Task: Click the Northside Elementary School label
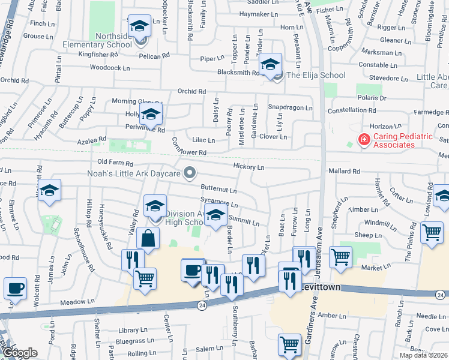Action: tap(97, 40)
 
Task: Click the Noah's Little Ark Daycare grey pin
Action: tap(190, 173)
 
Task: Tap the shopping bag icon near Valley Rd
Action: tap(148, 238)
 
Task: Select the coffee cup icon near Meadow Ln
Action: tap(15, 288)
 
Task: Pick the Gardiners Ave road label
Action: tap(313, 324)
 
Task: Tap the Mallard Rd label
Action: tap(344, 171)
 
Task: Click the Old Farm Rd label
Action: tap(115, 163)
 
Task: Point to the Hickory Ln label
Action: tap(249, 167)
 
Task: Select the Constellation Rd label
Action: tap(351, 110)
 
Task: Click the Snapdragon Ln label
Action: tap(290, 108)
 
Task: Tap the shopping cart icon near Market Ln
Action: tap(340, 256)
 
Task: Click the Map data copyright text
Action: tap(423, 355)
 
